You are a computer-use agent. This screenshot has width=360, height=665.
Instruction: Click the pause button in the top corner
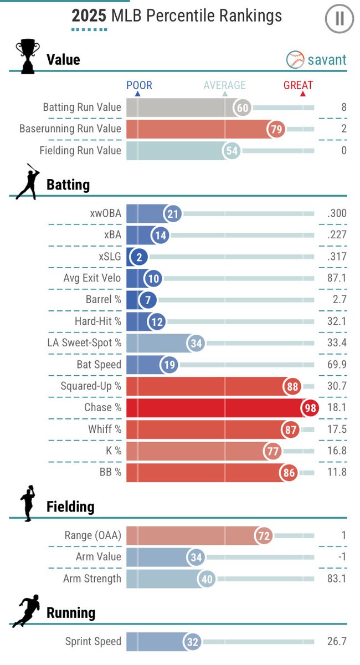pyautogui.click(x=339, y=19)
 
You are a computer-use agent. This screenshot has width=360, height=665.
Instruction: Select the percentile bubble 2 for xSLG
pyautogui.click(x=136, y=257)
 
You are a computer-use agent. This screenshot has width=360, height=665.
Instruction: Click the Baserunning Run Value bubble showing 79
pyautogui.click(x=275, y=129)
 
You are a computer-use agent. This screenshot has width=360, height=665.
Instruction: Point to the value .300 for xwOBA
pyautogui.click(x=337, y=214)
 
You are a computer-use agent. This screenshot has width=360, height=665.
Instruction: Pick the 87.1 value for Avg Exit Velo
pyautogui.click(x=336, y=278)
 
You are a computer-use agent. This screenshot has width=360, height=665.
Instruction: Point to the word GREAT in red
pyautogui.click(x=298, y=85)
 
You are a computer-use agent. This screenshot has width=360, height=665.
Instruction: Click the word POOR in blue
pyautogui.click(x=139, y=85)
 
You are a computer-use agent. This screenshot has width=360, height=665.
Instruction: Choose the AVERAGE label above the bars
pyautogui.click(x=224, y=85)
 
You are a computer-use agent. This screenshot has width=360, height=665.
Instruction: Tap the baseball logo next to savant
pyautogui.click(x=295, y=60)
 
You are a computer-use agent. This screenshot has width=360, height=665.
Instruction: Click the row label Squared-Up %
pyautogui.click(x=91, y=386)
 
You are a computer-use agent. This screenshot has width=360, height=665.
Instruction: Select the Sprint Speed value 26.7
pyautogui.click(x=337, y=642)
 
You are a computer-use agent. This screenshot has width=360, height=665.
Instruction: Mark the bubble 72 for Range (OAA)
pyautogui.click(x=264, y=536)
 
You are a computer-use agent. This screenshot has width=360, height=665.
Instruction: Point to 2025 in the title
pyautogui.click(x=90, y=16)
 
